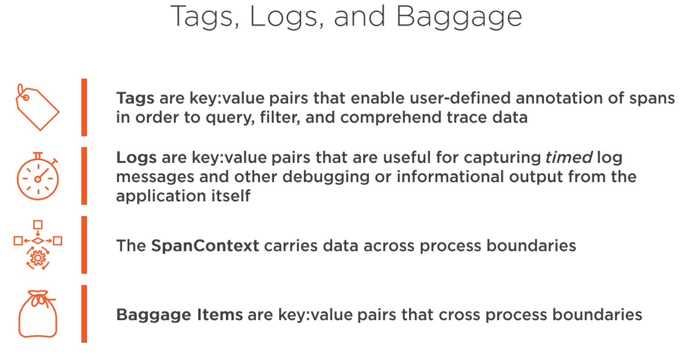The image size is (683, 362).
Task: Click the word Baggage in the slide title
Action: (459, 17)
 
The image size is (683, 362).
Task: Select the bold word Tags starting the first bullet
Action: (136, 99)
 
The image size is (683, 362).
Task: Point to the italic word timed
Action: (569, 157)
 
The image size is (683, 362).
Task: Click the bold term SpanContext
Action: (205, 246)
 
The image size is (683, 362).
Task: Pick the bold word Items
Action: (220, 314)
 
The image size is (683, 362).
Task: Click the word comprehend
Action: (391, 118)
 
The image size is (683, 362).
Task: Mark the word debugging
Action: (326, 178)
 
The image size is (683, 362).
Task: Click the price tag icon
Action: (37, 107)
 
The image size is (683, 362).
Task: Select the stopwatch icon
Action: (37, 176)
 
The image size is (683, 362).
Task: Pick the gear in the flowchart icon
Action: (38, 258)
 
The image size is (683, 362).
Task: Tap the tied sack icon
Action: (38, 314)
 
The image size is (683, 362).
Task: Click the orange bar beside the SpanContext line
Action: (84, 245)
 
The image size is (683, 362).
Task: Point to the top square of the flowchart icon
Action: (38, 225)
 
